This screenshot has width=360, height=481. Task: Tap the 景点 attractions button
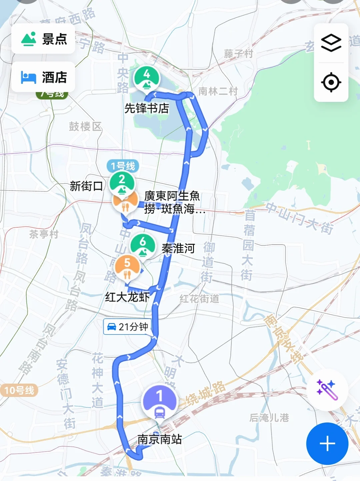pos(43,39)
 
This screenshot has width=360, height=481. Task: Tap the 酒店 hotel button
pos(43,77)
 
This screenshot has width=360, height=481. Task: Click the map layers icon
pos(331,43)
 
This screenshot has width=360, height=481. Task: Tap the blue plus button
pos(327,443)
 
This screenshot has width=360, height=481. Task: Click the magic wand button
pos(327,390)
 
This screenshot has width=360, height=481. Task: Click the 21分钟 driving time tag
pos(127,327)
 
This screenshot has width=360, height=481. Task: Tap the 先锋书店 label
pos(147,108)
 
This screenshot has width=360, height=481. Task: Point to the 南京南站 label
pos(160,439)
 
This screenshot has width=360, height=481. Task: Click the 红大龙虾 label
pos(127,297)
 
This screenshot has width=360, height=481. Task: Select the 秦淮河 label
pos(178,248)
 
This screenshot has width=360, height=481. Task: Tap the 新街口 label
pos(86,186)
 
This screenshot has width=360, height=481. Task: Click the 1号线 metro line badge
pos(123,166)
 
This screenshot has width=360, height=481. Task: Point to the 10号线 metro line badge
pos(19,390)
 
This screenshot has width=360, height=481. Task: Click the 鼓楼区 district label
pos(85,126)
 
